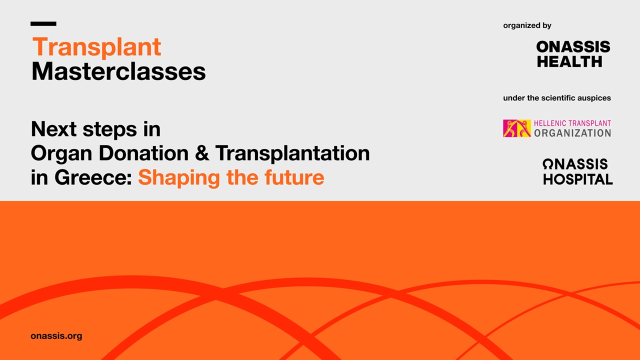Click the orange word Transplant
(x=96, y=47)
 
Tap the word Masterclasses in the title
(x=118, y=71)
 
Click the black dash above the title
(x=43, y=23)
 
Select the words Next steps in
(x=95, y=129)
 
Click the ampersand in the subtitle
(x=202, y=153)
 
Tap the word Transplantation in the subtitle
(x=292, y=153)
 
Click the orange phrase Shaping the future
(x=231, y=177)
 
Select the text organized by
(x=527, y=25)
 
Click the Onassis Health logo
(x=573, y=54)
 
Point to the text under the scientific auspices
(x=556, y=98)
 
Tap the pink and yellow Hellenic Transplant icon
(x=516, y=128)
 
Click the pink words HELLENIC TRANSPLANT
(x=572, y=123)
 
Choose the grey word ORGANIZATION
(x=572, y=133)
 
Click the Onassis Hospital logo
(x=577, y=171)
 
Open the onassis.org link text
(x=56, y=336)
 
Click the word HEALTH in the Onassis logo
(x=569, y=61)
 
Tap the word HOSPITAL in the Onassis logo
(x=577, y=179)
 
